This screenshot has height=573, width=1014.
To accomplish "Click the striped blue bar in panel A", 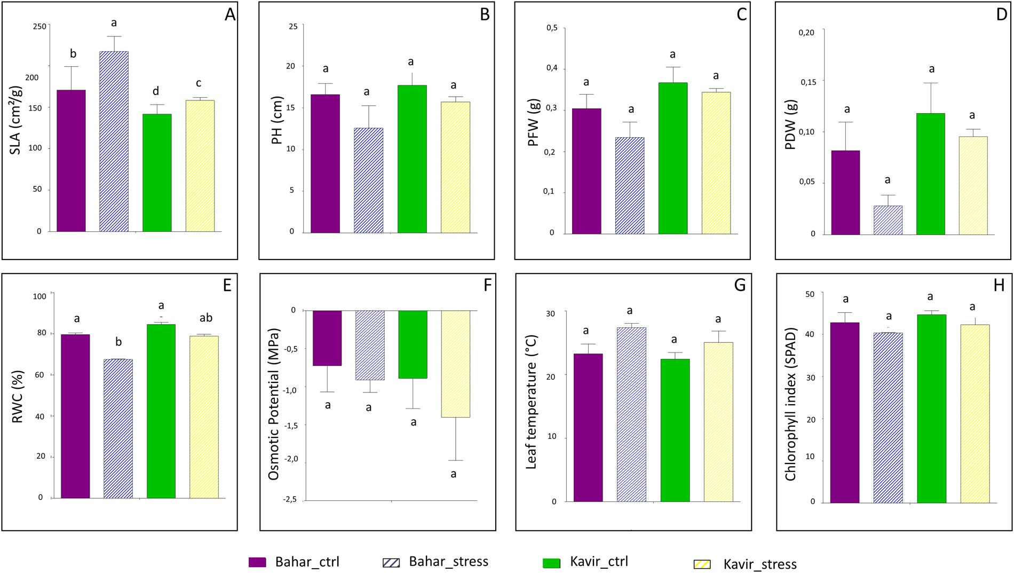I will pyautogui.click(x=114, y=142).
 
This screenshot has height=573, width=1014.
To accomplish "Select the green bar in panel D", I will pyautogui.click(x=930, y=174).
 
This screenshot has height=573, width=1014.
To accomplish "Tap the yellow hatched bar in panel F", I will pyautogui.click(x=455, y=364).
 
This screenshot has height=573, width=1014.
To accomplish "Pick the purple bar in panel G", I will pyautogui.click(x=588, y=427).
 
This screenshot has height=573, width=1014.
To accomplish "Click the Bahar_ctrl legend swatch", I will pyautogui.click(x=257, y=562).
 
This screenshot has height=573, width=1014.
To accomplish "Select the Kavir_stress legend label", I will pyautogui.click(x=759, y=564).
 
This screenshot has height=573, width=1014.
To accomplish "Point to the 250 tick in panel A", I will pyautogui.click(x=39, y=26).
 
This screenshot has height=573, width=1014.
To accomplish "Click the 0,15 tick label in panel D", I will pyautogui.click(x=808, y=82).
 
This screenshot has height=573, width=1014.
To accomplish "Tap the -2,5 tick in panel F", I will pyautogui.click(x=290, y=500).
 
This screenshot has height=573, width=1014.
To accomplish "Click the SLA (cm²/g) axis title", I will pyautogui.click(x=15, y=120).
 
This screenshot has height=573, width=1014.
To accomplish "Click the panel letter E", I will pyautogui.click(x=227, y=286).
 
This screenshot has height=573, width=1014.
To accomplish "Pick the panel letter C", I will pyautogui.click(x=741, y=14).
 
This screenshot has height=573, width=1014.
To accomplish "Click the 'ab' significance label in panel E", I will pyautogui.click(x=206, y=318).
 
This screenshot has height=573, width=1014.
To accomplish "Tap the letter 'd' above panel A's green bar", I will pyautogui.click(x=156, y=91).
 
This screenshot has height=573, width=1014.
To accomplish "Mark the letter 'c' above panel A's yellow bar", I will pyautogui.click(x=199, y=83).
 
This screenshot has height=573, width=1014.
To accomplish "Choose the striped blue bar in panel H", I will pyautogui.click(x=888, y=418).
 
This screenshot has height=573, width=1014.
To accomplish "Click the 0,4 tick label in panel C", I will pyautogui.click(x=551, y=68).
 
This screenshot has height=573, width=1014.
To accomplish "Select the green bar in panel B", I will pyautogui.click(x=412, y=159).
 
